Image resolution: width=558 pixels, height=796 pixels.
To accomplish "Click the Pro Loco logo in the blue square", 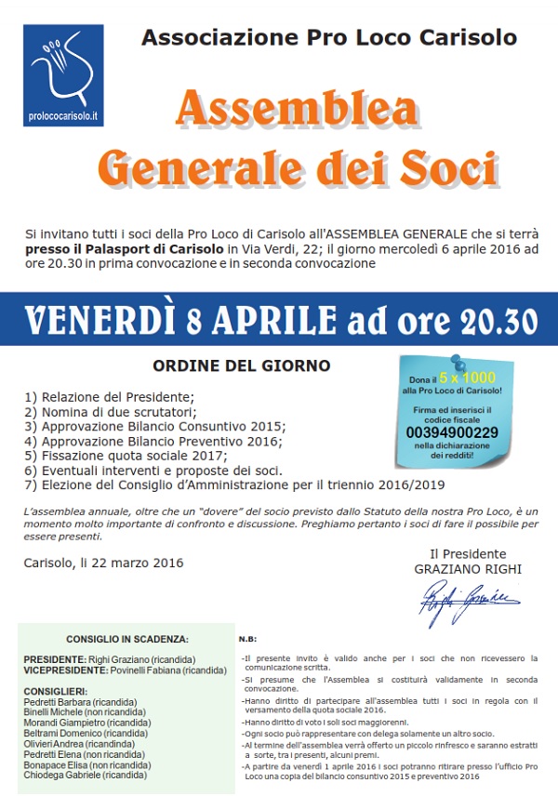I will (x=62, y=67).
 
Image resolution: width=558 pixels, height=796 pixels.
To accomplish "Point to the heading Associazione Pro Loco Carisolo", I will (x=328, y=38).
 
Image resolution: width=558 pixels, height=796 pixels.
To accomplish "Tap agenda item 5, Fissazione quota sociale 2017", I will (x=126, y=456).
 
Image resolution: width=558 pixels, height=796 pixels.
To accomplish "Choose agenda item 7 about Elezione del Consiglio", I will (x=234, y=485).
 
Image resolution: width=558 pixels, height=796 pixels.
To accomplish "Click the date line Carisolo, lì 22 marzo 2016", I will (x=103, y=563).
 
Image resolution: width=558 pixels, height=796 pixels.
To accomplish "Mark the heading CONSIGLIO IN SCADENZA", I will (x=127, y=639).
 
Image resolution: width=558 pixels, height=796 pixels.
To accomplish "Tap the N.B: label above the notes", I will (x=247, y=640).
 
